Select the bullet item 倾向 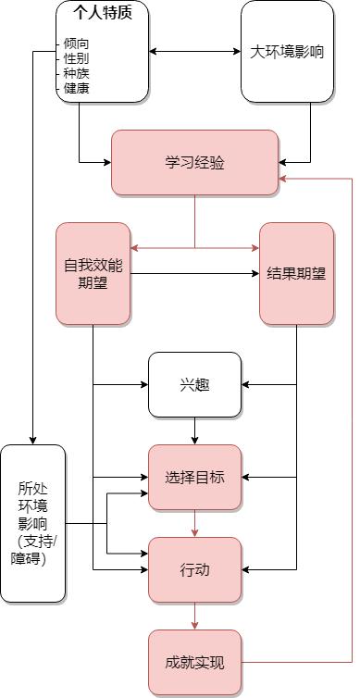click(76, 44)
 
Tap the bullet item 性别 click(76, 58)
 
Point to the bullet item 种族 click(76, 73)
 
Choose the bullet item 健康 click(76, 88)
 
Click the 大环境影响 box click(287, 51)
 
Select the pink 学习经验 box click(194, 162)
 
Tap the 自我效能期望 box click(93, 273)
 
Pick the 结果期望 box click(296, 273)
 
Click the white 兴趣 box click(194, 384)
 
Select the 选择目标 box click(194, 477)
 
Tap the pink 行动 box click(194, 569)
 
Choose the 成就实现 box click(194, 662)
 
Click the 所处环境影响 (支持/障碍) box click(33, 523)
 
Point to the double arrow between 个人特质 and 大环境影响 click(194, 51)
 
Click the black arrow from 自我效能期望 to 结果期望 click(194, 273)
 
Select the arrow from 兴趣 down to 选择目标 click(194, 430)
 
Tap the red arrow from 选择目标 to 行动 click(194, 523)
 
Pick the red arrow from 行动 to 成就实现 click(194, 616)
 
